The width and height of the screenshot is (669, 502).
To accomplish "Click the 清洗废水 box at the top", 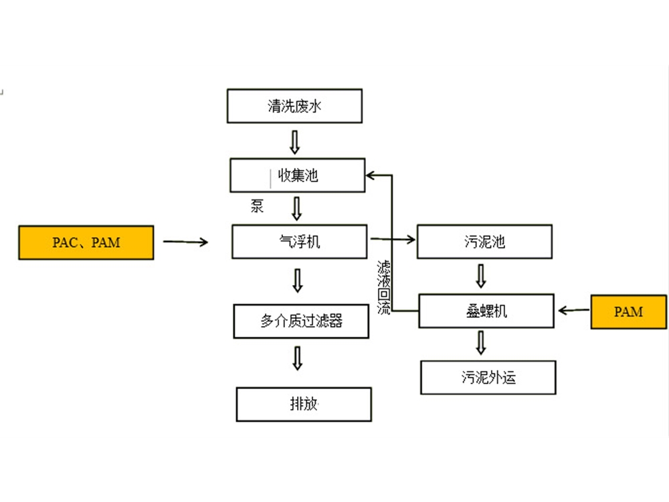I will coord(294,106).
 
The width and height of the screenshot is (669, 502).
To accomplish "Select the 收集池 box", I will coord(298,175).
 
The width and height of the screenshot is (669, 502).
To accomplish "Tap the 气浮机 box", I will coord(299,242).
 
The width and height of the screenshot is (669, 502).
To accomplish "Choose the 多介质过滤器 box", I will coord(301,321).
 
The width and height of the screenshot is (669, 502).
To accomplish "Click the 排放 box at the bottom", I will coord(303,404).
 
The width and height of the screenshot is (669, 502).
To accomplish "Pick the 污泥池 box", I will coord(484,242).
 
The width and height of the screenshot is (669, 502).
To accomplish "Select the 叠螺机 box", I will coord(486,311).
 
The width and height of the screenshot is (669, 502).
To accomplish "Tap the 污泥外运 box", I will coord(488,378).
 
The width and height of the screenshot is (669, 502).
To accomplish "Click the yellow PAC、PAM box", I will coord(86,242).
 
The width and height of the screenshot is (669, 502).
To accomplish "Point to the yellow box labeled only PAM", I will coord(629,311).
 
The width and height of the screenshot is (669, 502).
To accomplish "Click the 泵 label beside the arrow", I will coord(257,206).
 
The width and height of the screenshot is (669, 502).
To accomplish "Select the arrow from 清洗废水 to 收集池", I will coord(294,141).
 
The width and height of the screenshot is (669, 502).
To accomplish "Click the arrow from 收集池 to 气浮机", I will coord(297,208).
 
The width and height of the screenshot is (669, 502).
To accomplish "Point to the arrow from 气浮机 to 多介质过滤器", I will coord(298,280).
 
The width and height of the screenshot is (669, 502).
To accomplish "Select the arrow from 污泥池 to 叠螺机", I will coord(480,275).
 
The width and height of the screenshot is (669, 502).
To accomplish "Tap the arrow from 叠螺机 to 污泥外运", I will coord(480,342).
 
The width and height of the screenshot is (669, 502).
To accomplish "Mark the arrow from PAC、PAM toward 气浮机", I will coord(185,242).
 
